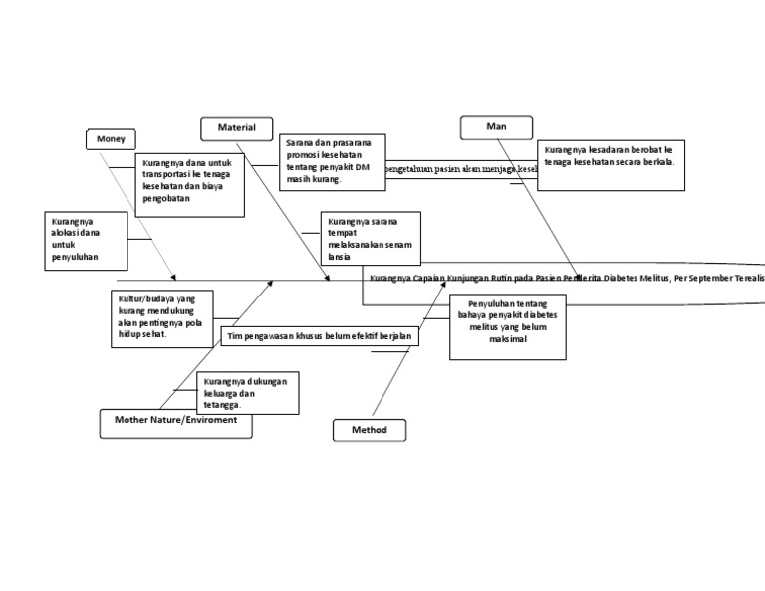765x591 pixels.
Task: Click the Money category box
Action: (x=111, y=139)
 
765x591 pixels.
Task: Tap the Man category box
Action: (x=496, y=127)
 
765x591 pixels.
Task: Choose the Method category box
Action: (x=369, y=430)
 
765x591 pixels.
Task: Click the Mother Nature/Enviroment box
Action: (x=175, y=421)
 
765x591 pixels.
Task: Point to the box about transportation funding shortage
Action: (x=190, y=183)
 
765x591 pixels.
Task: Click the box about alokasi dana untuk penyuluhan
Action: (x=87, y=240)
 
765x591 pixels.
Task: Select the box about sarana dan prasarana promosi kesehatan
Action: (x=332, y=161)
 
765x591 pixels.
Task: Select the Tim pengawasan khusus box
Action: (x=319, y=337)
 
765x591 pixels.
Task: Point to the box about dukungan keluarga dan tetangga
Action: (x=248, y=393)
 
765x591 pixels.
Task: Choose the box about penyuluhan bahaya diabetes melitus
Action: (x=507, y=326)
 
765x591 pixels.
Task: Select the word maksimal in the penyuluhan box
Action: (x=507, y=339)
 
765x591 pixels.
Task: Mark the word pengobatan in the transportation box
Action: (x=166, y=198)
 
